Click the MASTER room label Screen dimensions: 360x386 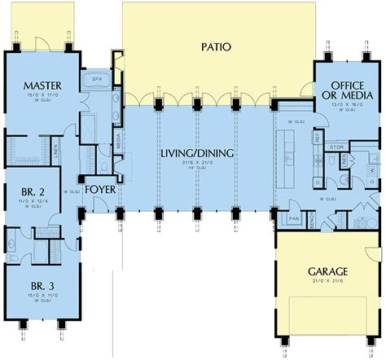38,85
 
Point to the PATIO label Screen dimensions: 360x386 216,47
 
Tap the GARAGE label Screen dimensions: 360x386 329,271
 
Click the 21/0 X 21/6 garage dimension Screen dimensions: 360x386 329,281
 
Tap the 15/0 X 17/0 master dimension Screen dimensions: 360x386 38,94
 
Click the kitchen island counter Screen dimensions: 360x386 288,155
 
